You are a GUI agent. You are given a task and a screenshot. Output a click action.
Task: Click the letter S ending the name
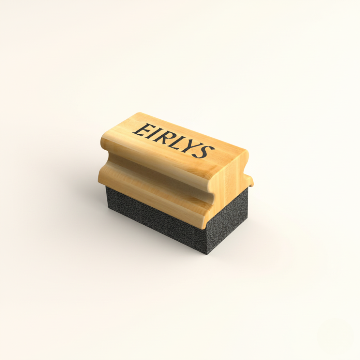click(x=207, y=152)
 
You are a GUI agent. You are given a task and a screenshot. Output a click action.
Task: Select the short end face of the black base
click(x=227, y=227)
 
